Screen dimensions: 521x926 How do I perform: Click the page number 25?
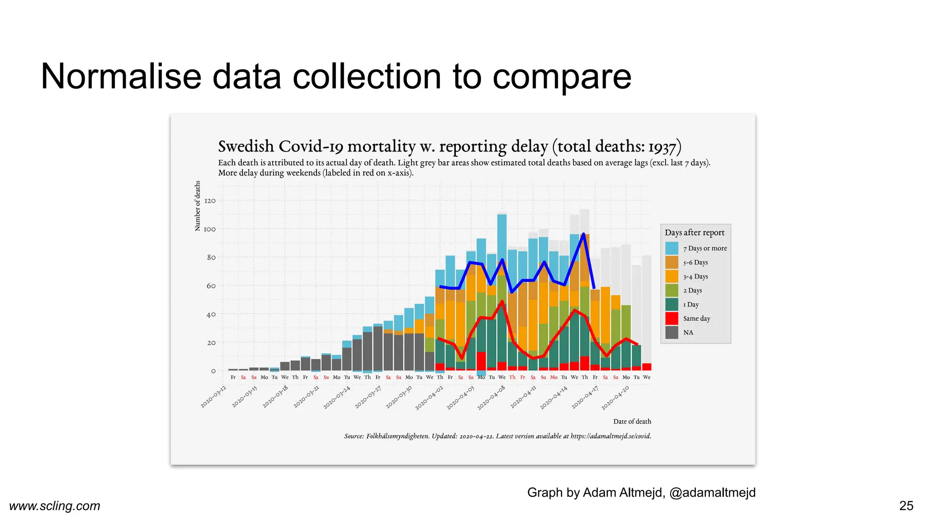click(x=906, y=506)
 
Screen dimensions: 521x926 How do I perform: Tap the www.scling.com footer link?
click(x=55, y=506)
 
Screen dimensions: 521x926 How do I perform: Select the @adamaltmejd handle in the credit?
click(x=712, y=493)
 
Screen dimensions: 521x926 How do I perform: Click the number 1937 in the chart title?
click(x=662, y=147)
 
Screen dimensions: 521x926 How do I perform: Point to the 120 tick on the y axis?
click(x=210, y=201)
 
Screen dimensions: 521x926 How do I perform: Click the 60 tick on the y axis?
click(x=211, y=286)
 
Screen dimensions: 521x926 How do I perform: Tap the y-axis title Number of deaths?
click(x=198, y=206)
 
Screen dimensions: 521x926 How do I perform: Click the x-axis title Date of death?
click(x=632, y=422)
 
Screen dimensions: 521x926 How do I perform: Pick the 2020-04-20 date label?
click(x=615, y=398)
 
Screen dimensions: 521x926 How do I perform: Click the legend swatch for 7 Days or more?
click(x=672, y=248)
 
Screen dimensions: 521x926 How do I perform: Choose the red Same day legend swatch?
click(x=672, y=318)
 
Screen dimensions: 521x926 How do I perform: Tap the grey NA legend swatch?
click(x=672, y=332)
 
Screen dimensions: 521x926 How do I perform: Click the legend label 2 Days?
click(x=693, y=290)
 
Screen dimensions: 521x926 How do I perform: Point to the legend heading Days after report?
click(x=694, y=232)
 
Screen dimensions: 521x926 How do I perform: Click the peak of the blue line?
click(x=584, y=234)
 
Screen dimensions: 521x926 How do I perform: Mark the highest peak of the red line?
click(x=502, y=301)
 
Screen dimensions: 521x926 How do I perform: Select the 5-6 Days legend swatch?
click(x=672, y=262)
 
